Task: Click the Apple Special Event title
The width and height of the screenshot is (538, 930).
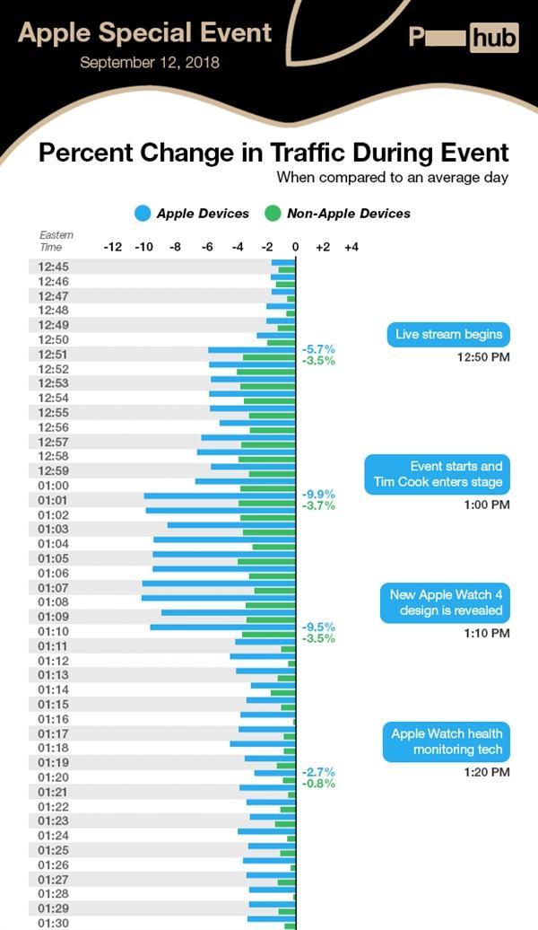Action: pos(144,33)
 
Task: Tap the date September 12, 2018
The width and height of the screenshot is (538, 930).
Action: pos(149,63)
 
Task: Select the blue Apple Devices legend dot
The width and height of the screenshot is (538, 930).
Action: pos(142,214)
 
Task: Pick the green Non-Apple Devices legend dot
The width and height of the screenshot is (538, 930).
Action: pos(273,214)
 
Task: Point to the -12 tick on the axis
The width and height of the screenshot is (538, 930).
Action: pos(113,246)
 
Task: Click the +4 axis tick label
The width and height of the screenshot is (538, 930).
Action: pos(351,246)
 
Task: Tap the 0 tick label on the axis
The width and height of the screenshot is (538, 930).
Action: pos(295,246)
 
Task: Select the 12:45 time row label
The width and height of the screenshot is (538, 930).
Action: pos(54,267)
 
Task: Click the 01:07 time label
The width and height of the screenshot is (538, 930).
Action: pos(54,588)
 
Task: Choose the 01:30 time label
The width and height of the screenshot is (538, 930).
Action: pos(54,923)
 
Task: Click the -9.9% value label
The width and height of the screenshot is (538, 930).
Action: pos(318,494)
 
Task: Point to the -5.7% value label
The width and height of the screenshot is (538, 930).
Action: pos(318,348)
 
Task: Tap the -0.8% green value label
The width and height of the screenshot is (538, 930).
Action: pos(318,784)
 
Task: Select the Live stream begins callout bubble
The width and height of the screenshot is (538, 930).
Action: pos(448,335)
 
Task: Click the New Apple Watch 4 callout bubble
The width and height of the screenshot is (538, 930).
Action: pos(446,602)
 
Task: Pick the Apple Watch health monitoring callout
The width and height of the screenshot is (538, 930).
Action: pos(446,741)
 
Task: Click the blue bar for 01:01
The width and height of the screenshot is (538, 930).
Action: pos(220,496)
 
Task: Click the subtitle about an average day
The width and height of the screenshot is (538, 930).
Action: pos(392,178)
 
